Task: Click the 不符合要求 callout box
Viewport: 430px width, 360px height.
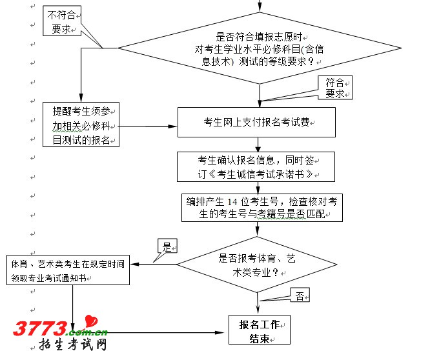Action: coord(62,21)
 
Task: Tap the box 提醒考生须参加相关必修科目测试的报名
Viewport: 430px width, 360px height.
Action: coord(81,123)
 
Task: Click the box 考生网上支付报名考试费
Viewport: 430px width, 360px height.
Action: coord(256,122)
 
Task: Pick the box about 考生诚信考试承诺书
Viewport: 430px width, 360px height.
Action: coord(257,166)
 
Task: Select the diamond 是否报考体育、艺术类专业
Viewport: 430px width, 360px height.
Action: coord(258,265)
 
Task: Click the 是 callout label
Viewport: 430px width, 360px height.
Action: coord(167,246)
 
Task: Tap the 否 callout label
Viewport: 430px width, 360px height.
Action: coord(300,296)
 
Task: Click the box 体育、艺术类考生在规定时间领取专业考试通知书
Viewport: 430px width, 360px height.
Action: coord(69,270)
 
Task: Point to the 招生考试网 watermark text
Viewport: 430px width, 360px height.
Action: coord(73,346)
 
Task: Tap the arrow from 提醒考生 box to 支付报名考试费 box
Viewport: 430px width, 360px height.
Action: coord(148,125)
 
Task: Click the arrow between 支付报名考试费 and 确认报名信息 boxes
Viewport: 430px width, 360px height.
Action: coord(258,144)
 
